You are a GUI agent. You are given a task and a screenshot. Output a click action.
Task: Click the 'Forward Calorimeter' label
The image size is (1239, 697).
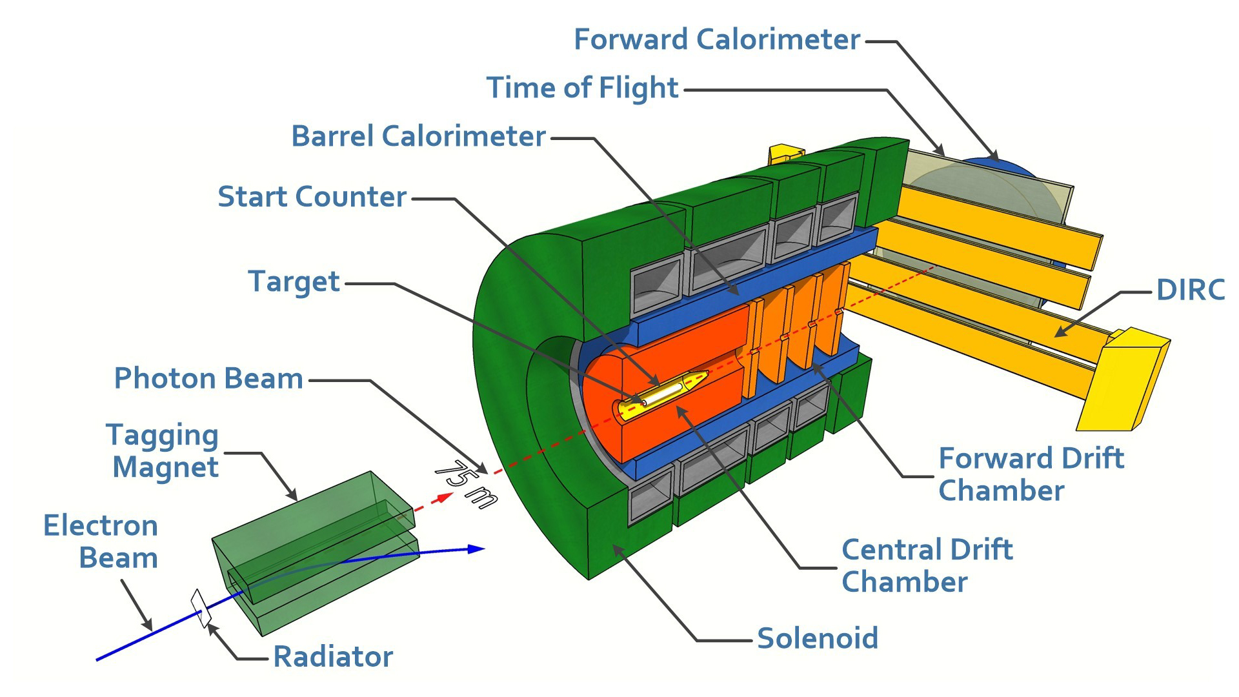pyautogui.click(x=717, y=39)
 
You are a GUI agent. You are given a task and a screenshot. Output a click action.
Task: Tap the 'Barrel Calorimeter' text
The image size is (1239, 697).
pyautogui.click(x=419, y=136)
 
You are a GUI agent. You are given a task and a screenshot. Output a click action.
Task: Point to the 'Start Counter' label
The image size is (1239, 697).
pyautogui.click(x=312, y=197)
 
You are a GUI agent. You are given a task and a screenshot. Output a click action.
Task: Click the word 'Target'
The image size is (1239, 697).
pyautogui.click(x=294, y=282)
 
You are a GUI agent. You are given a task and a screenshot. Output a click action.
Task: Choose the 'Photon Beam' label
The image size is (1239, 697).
pyautogui.click(x=208, y=379)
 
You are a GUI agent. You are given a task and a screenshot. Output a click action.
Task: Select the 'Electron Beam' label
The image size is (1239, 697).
pyautogui.click(x=101, y=541)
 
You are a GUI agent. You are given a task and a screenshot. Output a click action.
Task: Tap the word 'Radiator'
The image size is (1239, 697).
pyautogui.click(x=333, y=657)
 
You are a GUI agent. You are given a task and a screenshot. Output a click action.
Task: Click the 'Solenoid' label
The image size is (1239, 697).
pyautogui.click(x=818, y=638)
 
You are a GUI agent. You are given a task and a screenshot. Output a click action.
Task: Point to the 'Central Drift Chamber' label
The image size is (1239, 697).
pyautogui.click(x=927, y=565)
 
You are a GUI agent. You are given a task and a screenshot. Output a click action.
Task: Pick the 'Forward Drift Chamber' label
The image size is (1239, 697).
pyautogui.click(x=1031, y=474)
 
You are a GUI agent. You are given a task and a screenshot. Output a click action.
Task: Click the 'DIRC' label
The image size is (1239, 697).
pyautogui.click(x=1191, y=290)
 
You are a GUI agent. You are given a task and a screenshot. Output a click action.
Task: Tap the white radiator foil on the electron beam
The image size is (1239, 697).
pyautogui.click(x=201, y=608)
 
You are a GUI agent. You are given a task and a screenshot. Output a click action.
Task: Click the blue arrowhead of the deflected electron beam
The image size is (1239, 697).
pyautogui.click(x=476, y=549)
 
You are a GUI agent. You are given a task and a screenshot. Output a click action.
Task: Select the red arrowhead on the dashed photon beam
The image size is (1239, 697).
pyautogui.click(x=443, y=498)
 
